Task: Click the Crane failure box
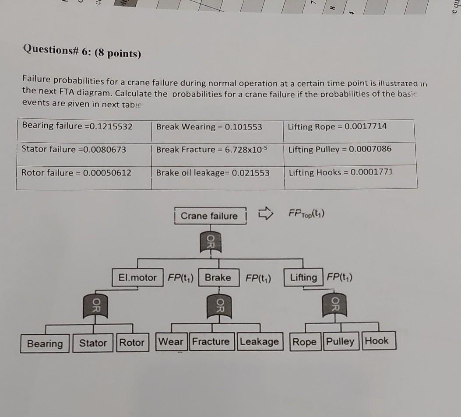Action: click(x=209, y=216)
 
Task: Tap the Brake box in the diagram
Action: click(x=218, y=278)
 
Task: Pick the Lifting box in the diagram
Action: click(x=304, y=277)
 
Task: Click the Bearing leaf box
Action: click(x=45, y=343)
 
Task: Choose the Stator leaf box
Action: click(x=93, y=343)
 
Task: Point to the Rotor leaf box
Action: click(x=132, y=343)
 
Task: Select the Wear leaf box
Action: click(x=171, y=342)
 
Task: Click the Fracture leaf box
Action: click(x=211, y=342)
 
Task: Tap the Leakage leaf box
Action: click(x=259, y=342)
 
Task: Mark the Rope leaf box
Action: click(x=304, y=341)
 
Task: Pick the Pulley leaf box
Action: click(x=340, y=341)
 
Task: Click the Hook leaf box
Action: click(x=377, y=341)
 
